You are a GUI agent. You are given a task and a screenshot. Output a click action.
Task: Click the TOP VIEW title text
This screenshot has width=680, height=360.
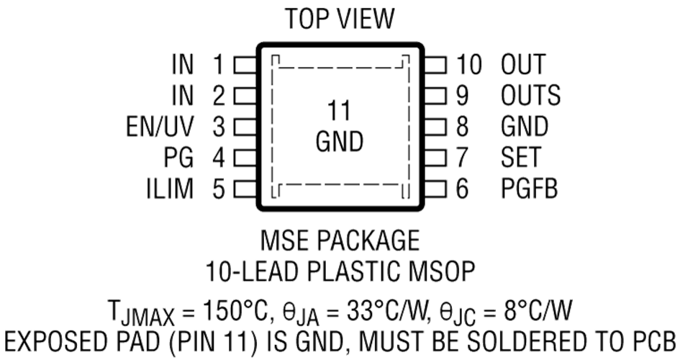pos(340,20)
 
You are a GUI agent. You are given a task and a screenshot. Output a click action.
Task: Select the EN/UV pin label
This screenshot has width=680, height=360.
pos(159,127)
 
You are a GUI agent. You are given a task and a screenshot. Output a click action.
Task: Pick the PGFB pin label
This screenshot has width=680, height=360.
pos(530,189)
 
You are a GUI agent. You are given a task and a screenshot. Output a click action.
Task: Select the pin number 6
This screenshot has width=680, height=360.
pos(462,189)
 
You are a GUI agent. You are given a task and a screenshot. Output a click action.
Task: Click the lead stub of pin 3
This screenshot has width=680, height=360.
pos(245,127)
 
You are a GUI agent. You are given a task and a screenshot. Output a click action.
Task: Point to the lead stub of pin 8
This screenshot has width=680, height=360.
pos(435,127)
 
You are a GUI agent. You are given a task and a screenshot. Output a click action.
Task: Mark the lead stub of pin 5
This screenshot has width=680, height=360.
pos(245,189)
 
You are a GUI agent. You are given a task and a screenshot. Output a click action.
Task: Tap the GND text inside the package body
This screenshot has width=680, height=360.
pos(339,142)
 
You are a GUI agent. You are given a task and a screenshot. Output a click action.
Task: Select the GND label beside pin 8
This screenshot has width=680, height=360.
pos(525,127)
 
